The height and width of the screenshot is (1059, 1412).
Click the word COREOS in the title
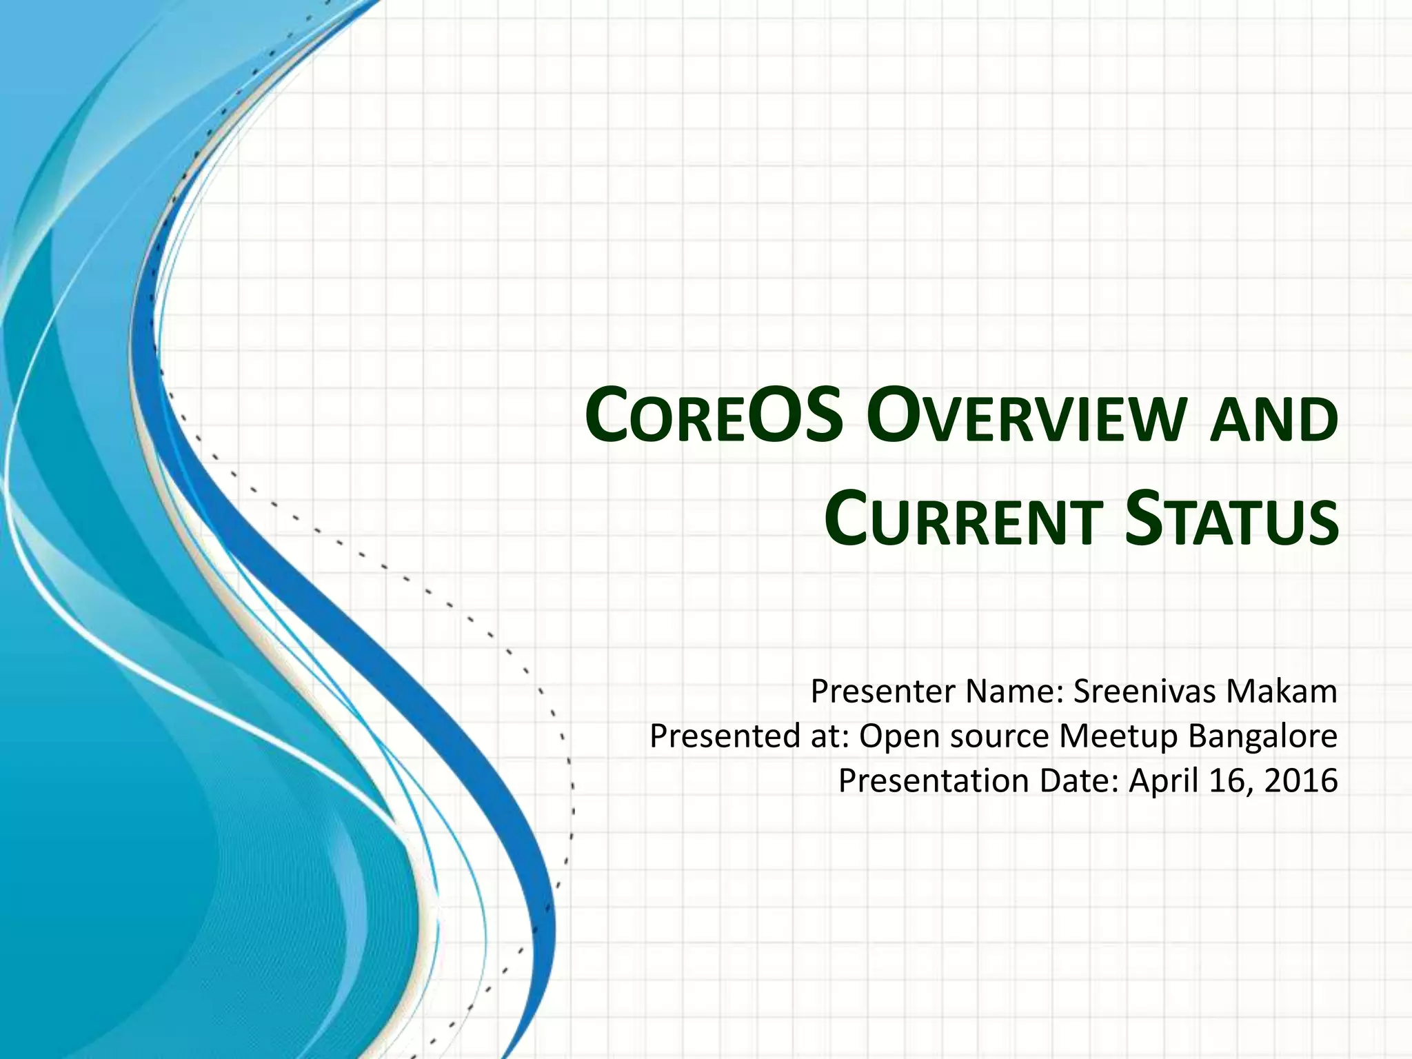pyautogui.click(x=714, y=416)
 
